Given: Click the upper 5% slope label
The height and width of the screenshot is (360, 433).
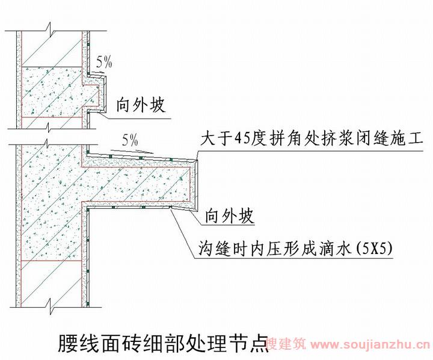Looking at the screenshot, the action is coord(104,62).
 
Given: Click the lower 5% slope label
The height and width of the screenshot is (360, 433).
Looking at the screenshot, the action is coord(130,140).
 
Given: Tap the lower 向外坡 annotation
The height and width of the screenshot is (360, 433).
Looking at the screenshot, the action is coord(229,216).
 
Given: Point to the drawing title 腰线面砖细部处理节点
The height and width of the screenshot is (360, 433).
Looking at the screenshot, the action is coord(164,343).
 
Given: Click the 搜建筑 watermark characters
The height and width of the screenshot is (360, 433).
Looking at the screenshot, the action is coord(286,344).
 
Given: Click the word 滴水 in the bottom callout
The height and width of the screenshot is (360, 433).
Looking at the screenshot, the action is coord(336,248).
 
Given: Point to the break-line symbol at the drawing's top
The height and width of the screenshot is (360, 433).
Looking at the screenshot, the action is coord(51,31).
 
